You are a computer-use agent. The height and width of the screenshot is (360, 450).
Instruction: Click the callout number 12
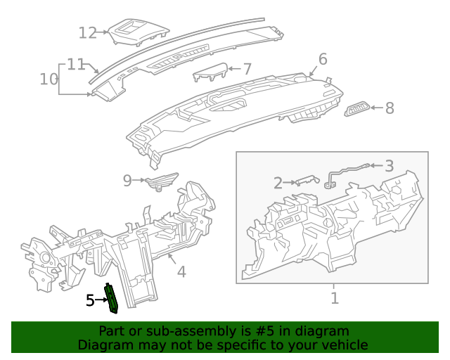pyautogui.click(x=87, y=33)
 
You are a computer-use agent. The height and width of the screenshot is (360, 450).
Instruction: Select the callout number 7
pyautogui.click(x=247, y=69)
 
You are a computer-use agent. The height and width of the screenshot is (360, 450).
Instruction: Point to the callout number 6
pyautogui.click(x=323, y=59)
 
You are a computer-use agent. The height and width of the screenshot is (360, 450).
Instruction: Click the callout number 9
pyautogui.click(x=127, y=181)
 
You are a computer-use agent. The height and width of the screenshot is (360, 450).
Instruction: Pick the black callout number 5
pyautogui.click(x=90, y=300)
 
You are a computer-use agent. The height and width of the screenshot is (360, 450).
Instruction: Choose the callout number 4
pyautogui.click(x=181, y=271)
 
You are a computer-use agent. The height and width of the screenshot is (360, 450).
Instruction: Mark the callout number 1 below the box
pyautogui.click(x=335, y=298)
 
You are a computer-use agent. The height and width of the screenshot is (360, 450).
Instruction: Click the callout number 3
pyautogui.click(x=389, y=166)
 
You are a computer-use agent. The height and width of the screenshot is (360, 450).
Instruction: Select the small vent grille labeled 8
pyautogui.click(x=356, y=109)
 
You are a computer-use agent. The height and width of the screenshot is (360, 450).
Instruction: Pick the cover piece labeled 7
pyautogui.click(x=210, y=72)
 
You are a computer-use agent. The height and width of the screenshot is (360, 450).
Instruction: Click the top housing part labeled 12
pyautogui.click(x=139, y=32)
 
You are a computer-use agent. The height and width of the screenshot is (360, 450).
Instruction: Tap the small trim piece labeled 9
pyautogui.click(x=162, y=181)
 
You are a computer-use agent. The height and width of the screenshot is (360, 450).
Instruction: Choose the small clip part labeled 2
pyautogui.click(x=307, y=180)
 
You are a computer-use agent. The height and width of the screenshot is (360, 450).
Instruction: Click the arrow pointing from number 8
pyautogui.click(x=377, y=108)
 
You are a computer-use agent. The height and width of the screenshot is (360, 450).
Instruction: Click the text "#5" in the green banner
pyautogui.click(x=264, y=331)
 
